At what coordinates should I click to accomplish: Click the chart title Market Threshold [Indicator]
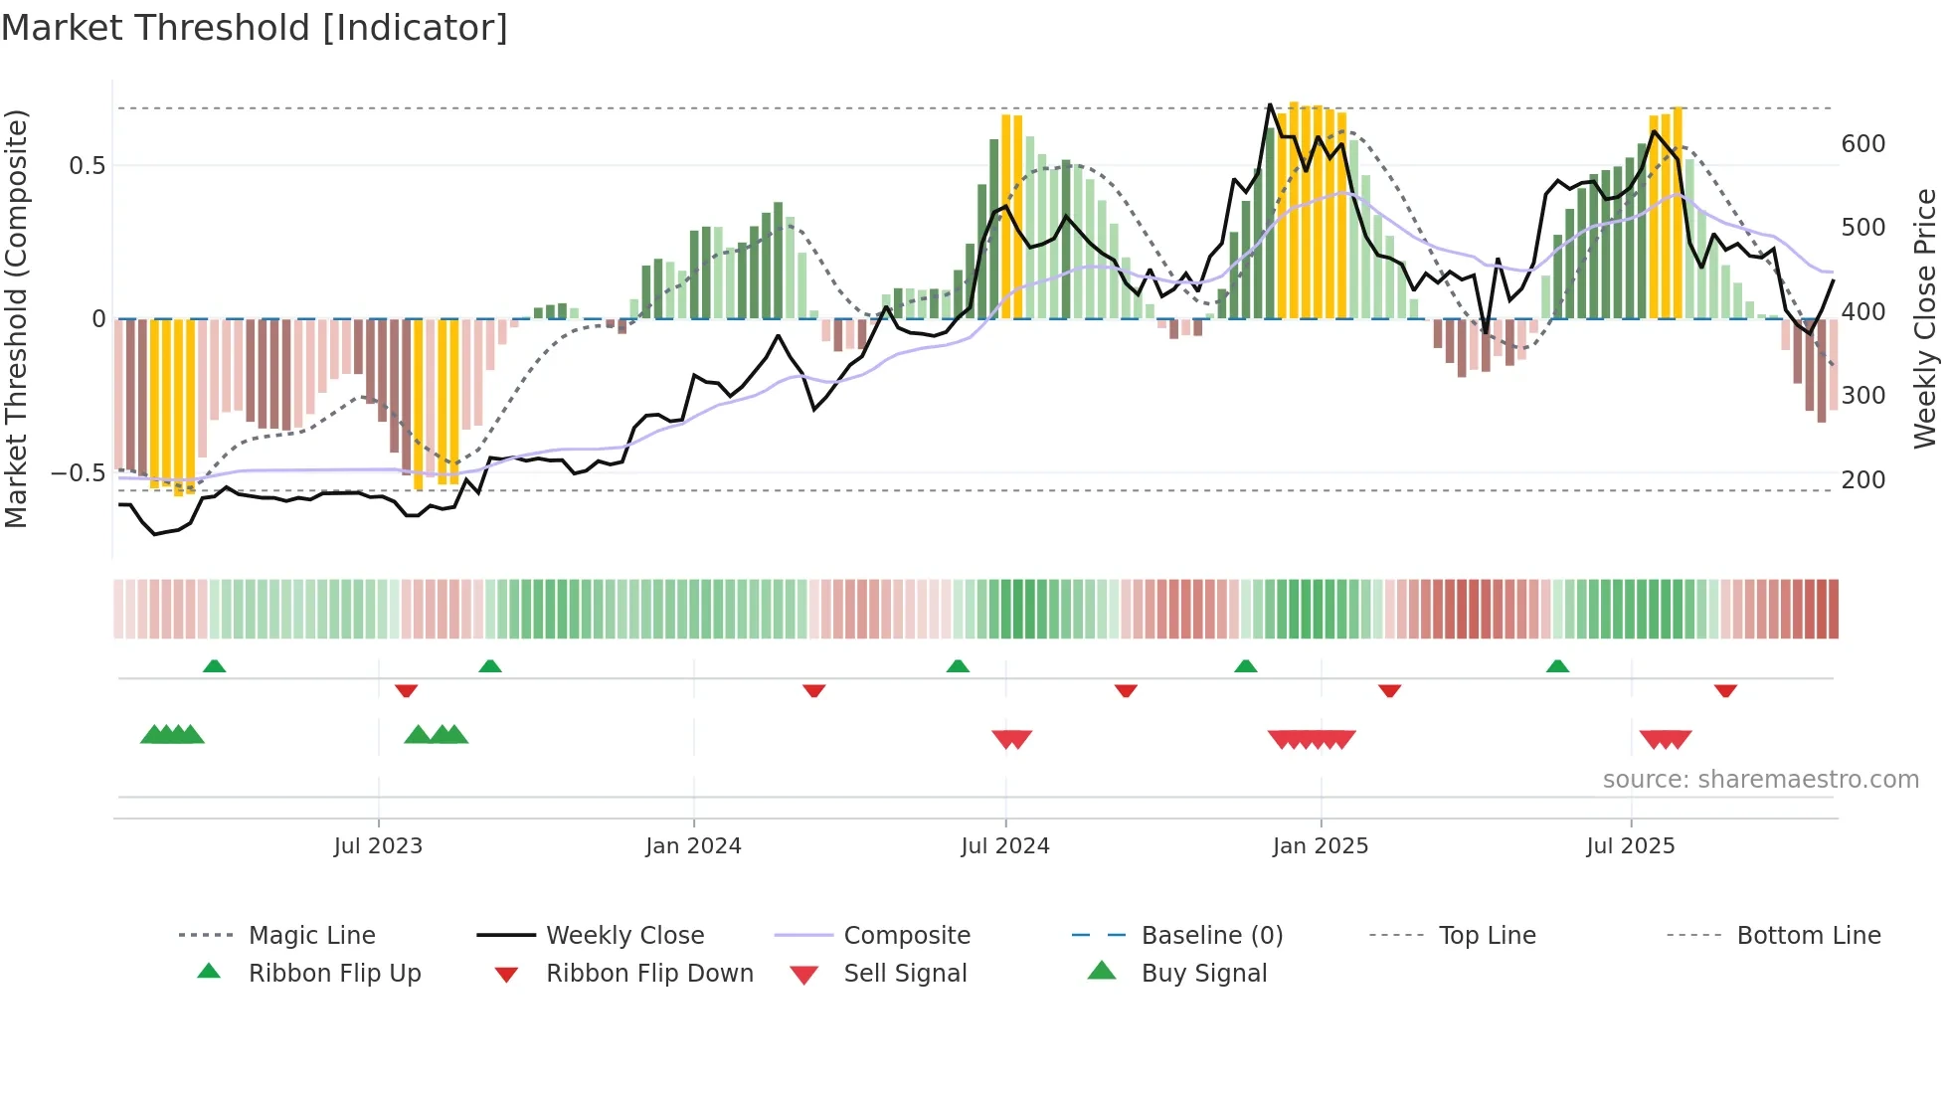pos(255,28)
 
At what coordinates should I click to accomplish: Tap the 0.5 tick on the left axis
pos(87,166)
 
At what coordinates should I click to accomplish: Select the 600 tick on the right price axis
pos(1862,144)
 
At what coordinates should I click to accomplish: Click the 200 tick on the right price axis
pos(1862,480)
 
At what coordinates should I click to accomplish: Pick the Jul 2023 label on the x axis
pos(378,846)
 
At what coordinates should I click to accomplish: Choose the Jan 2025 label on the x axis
pos(1320,846)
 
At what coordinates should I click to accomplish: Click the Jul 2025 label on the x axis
pos(1630,846)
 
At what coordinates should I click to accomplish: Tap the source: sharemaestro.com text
pos(1760,780)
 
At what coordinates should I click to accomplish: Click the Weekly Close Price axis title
pos(1926,318)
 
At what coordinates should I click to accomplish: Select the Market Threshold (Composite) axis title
pos(16,318)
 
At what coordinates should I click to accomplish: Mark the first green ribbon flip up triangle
pos(214,666)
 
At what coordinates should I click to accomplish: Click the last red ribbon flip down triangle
pos(1725,690)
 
